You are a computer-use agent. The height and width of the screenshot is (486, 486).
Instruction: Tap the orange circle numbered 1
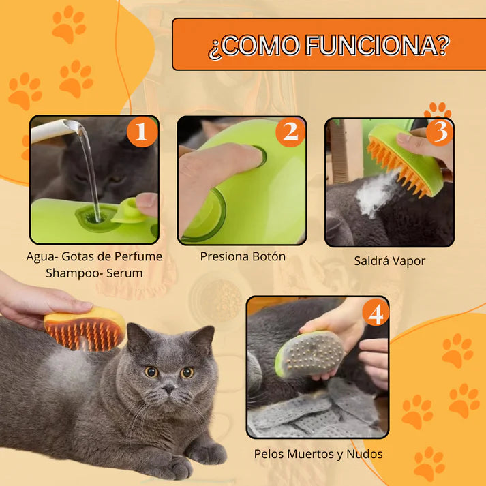click(142, 132)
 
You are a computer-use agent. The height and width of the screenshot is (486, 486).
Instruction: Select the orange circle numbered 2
click(290, 132)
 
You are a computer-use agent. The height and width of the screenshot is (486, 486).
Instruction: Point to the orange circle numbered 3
click(440, 132)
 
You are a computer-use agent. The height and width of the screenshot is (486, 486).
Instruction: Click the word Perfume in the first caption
click(138, 256)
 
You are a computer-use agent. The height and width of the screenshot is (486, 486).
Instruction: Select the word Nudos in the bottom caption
click(364, 454)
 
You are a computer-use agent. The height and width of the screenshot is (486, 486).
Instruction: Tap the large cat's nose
click(170, 387)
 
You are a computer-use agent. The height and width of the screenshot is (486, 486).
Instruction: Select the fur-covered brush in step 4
click(310, 354)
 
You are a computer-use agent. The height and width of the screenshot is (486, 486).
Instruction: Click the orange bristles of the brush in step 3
click(396, 166)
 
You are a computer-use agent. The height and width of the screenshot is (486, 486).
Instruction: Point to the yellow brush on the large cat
click(85, 329)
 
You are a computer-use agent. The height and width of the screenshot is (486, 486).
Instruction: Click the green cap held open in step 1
click(130, 211)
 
